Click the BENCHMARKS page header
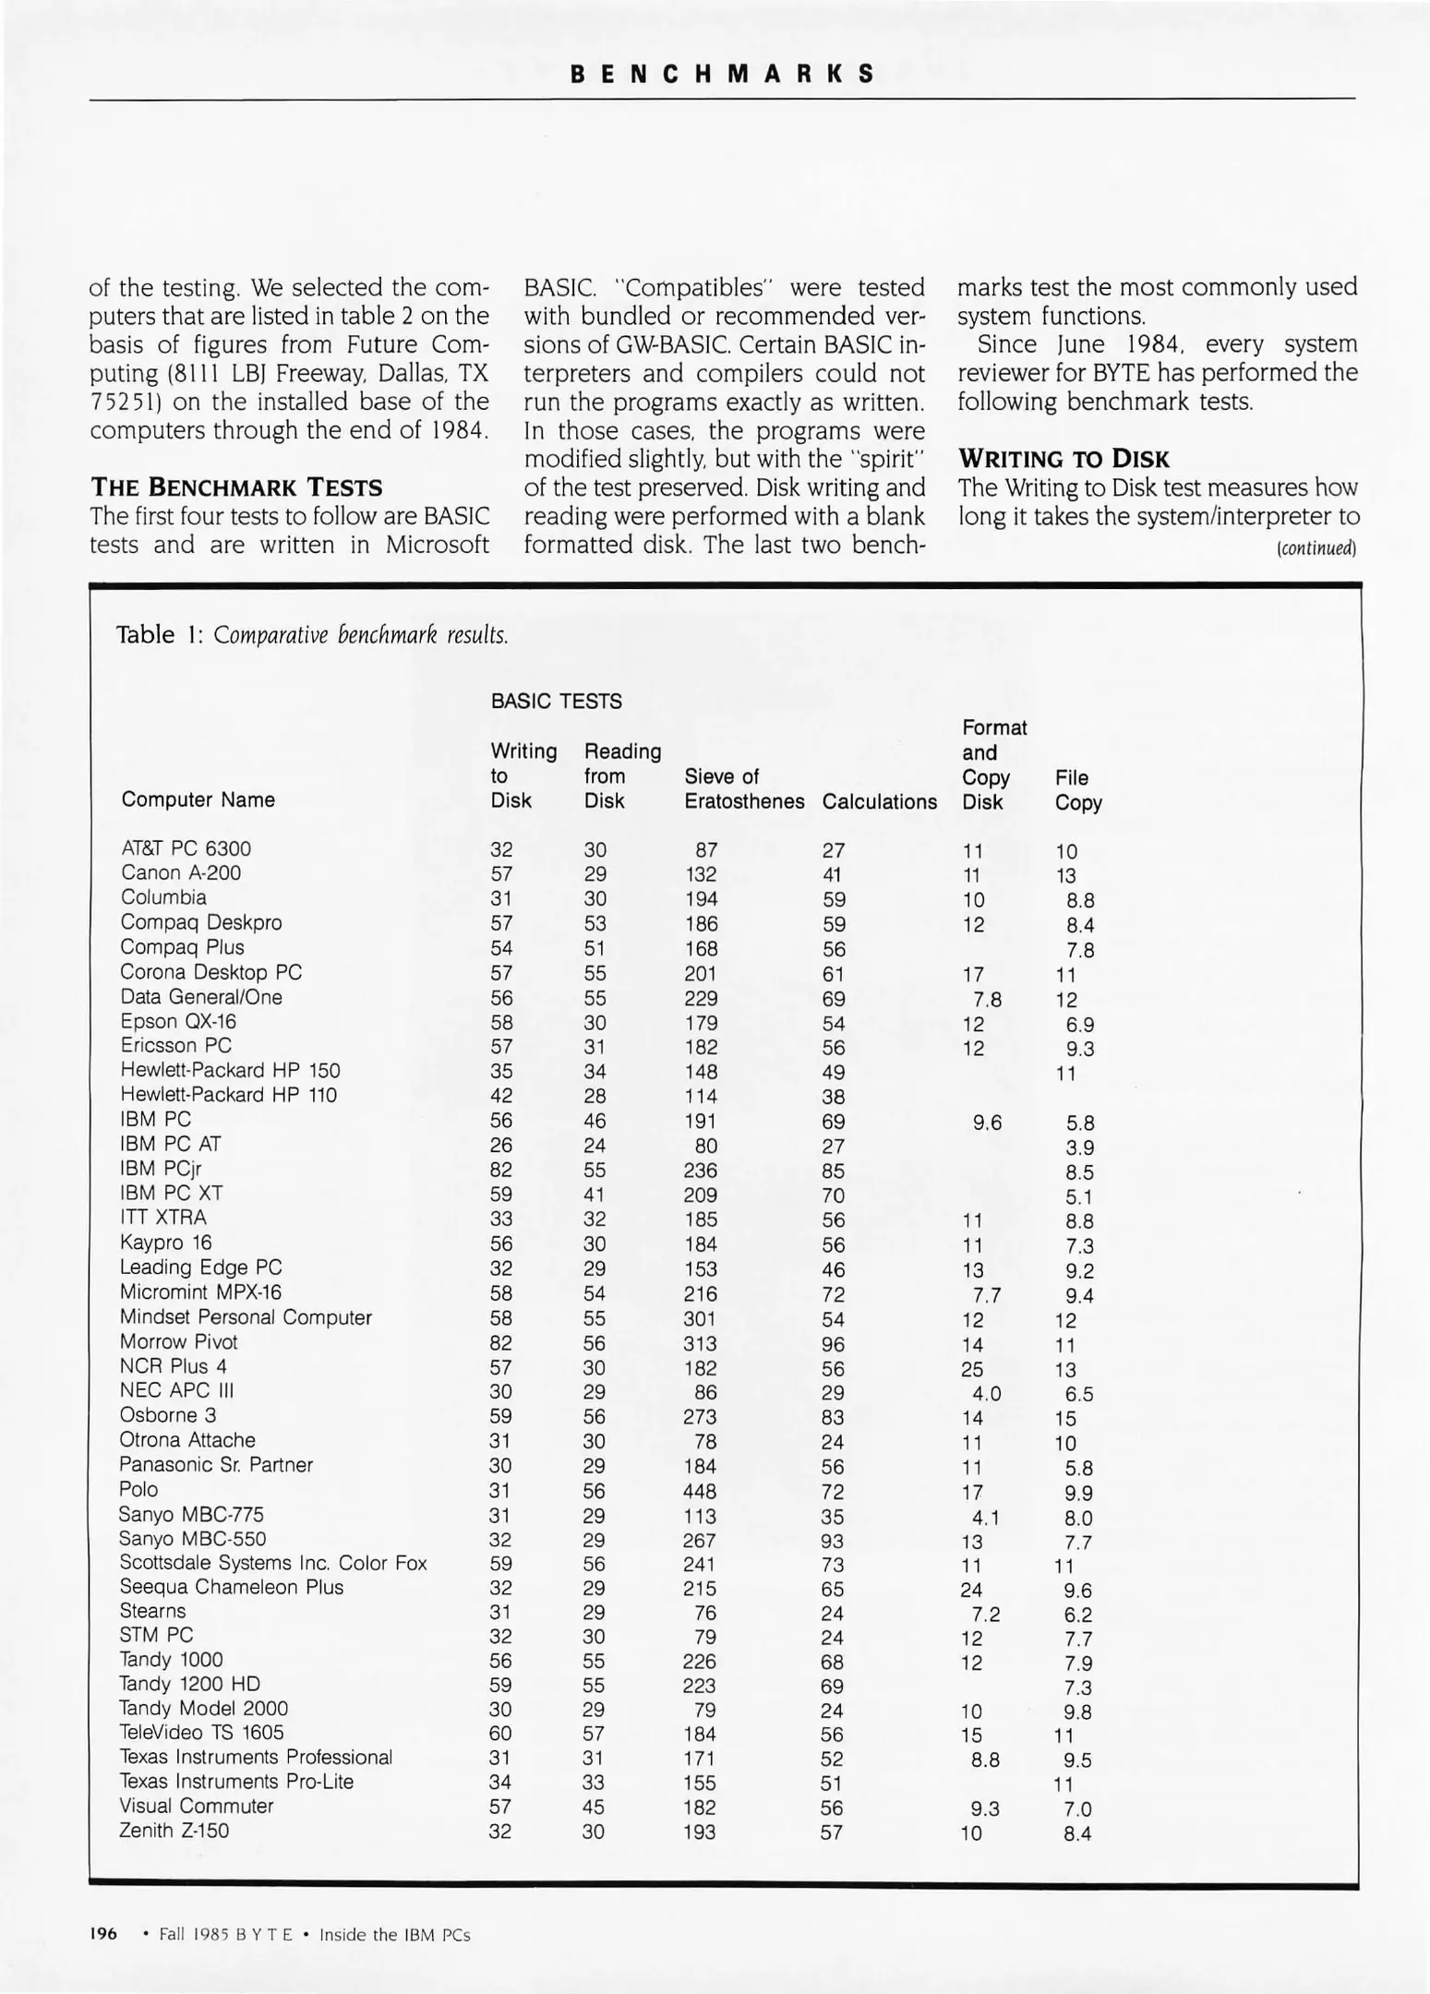pos(721,74)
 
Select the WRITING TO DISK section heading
pos(1063,459)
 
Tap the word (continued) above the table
pos(1316,548)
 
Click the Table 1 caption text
pos(312,635)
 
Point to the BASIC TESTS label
pos(556,701)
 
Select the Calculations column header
pos(879,801)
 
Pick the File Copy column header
pos(1077,790)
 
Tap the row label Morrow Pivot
pos(178,1341)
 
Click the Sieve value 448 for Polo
pos(699,1491)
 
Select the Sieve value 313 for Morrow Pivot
pos(700,1343)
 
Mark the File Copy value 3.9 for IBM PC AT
pos(1079,1147)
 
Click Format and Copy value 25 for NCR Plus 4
pos(972,1369)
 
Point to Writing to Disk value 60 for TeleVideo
pos(500,1733)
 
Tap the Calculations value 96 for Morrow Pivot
pos(832,1344)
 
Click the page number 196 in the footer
pos(103,1934)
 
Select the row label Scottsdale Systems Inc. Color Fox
pos(273,1563)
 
